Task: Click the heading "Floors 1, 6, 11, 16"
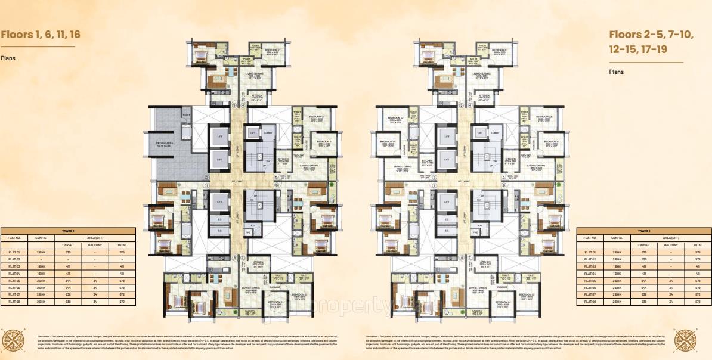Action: [40, 34]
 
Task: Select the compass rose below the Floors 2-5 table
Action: [686, 339]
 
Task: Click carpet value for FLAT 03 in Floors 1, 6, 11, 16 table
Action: [68, 266]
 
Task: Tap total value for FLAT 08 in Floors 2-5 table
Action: [696, 302]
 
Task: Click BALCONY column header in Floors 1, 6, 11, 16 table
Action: [95, 244]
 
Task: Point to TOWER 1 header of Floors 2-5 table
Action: [643, 230]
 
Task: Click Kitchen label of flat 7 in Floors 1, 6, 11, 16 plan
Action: [258, 263]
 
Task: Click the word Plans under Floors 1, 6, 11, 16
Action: [8, 58]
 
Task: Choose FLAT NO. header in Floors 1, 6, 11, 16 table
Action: [14, 237]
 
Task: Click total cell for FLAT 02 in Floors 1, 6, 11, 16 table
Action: [122, 259]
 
